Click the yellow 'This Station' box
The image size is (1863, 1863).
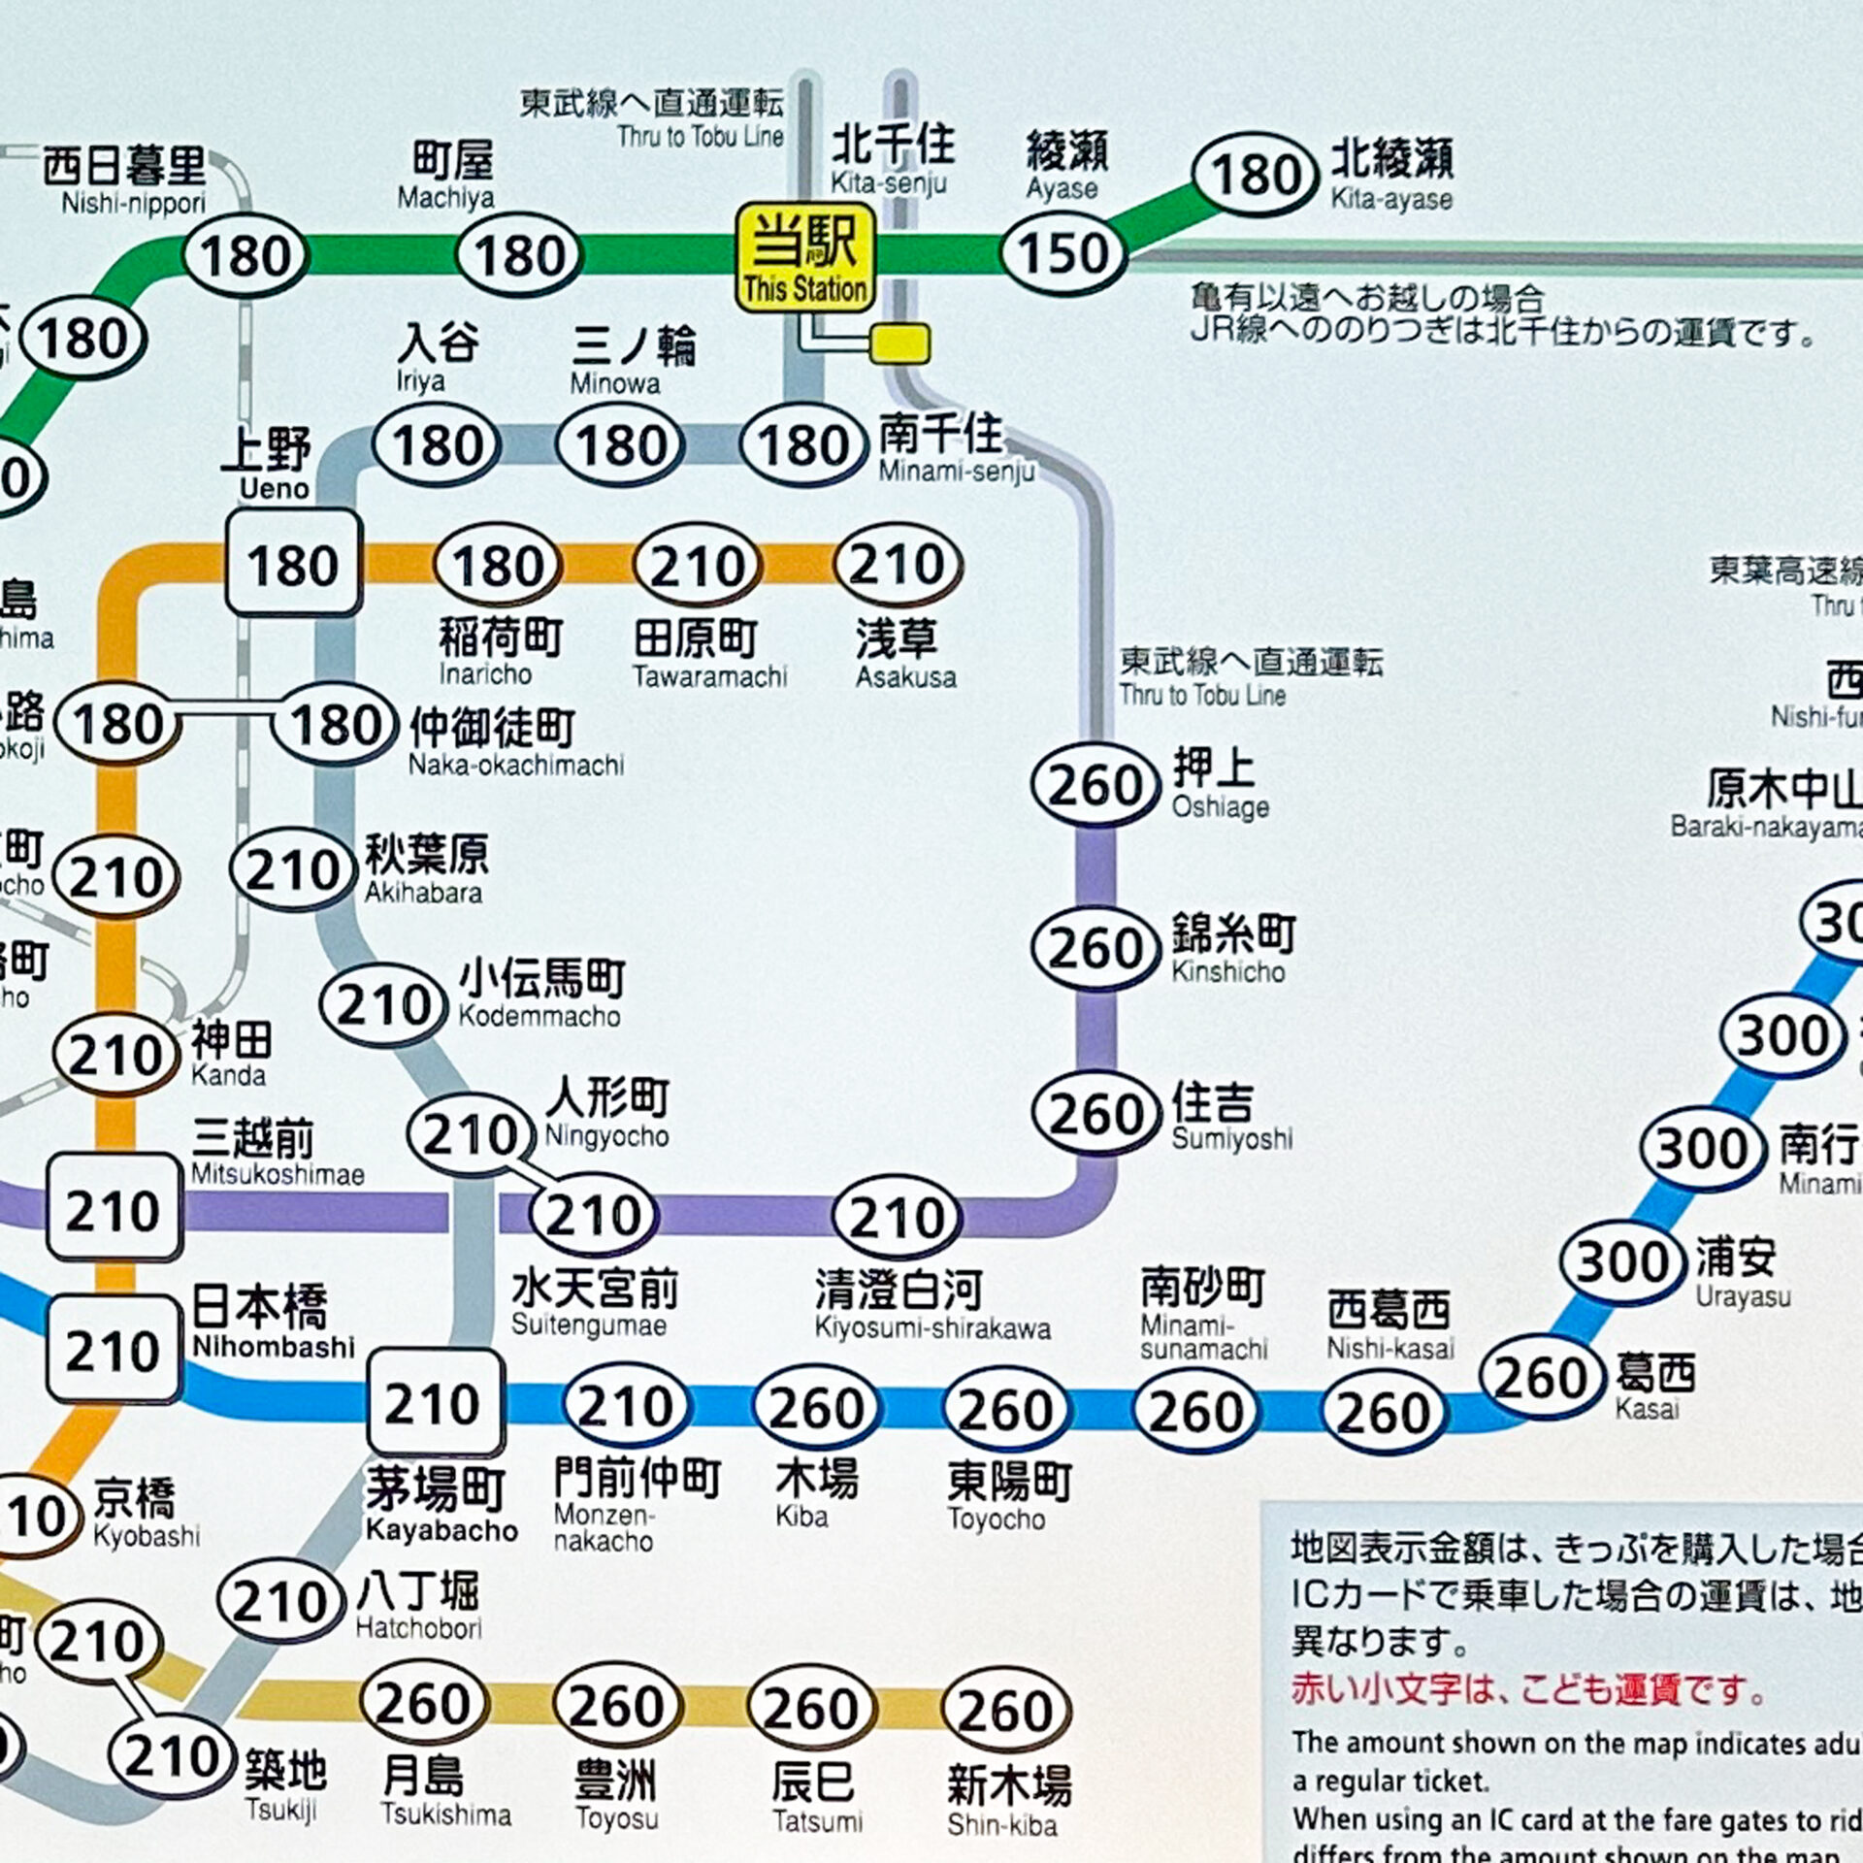(804, 257)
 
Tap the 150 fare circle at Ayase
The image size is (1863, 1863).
(1062, 254)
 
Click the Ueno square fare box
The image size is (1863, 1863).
(293, 565)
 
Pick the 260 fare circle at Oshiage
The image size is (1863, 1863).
(1095, 785)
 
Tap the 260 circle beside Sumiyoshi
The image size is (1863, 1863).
(1095, 1113)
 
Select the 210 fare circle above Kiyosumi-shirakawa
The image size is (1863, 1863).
(896, 1217)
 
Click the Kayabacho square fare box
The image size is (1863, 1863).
(435, 1403)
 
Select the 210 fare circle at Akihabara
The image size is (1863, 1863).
(292, 870)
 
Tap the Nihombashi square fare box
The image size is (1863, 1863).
(114, 1351)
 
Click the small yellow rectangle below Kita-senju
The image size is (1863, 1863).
(899, 343)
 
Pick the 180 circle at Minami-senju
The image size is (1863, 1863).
(802, 446)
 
